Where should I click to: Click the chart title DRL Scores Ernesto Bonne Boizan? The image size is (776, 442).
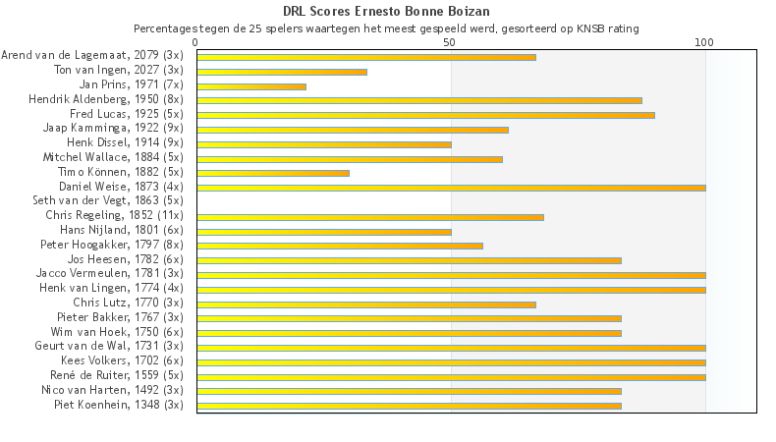386,11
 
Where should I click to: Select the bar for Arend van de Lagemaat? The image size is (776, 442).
366,57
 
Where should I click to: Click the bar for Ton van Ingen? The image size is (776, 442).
282,72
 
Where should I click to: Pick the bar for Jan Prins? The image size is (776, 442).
251,86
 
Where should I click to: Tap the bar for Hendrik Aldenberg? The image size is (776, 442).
419,100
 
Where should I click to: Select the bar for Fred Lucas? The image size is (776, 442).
425,115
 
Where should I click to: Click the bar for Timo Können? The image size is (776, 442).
273,173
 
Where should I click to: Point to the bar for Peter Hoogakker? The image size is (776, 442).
340,246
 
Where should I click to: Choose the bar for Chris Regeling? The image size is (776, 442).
370,216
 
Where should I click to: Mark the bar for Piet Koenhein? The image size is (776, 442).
409,405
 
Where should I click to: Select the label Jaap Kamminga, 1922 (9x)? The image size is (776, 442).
113,129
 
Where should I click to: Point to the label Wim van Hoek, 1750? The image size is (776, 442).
117,332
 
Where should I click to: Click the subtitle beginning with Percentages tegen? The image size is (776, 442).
386,28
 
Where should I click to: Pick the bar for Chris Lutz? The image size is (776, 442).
366,304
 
